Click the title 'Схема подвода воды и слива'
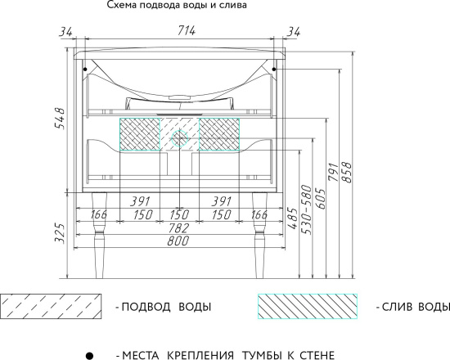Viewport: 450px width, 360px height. (x=176, y=6)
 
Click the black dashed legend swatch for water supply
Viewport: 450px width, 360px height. (x=51, y=307)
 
